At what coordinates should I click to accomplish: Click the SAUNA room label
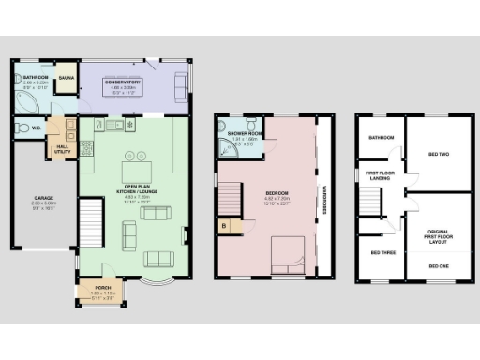(67, 78)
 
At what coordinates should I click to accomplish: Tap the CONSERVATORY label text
(122, 82)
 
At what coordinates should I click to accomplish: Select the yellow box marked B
(224, 224)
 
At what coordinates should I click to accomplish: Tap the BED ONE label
(437, 266)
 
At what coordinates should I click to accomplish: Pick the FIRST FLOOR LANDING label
(382, 176)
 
